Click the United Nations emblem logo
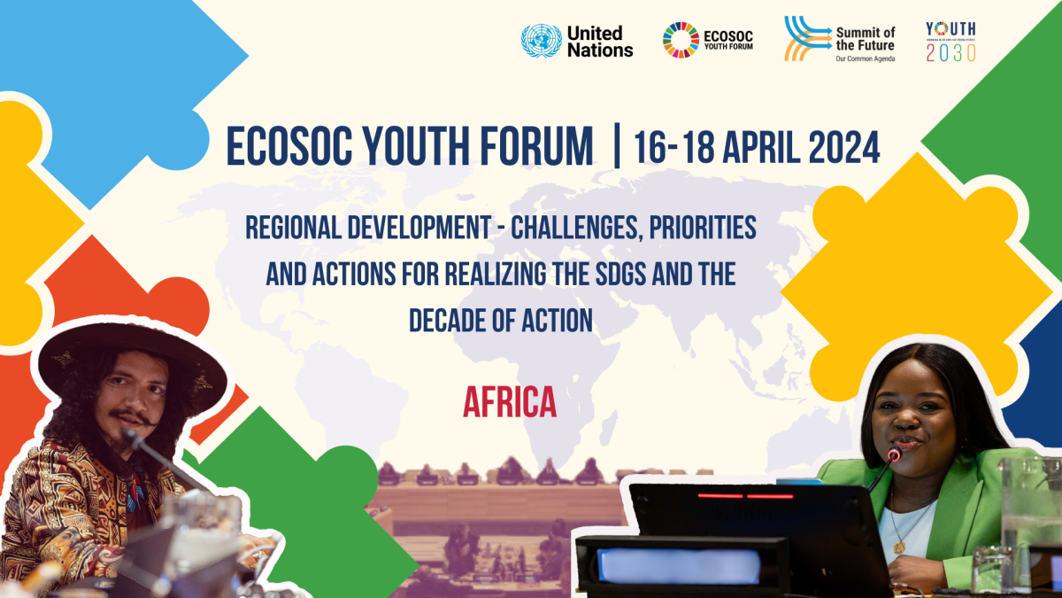[542, 41]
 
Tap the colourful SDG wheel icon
[681, 41]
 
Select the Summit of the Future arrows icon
[805, 39]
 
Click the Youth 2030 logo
[950, 41]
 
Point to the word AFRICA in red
[510, 403]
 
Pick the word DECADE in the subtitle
[458, 320]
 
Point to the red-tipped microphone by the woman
[894, 454]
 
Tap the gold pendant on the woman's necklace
[899, 547]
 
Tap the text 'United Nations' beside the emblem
[600, 42]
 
